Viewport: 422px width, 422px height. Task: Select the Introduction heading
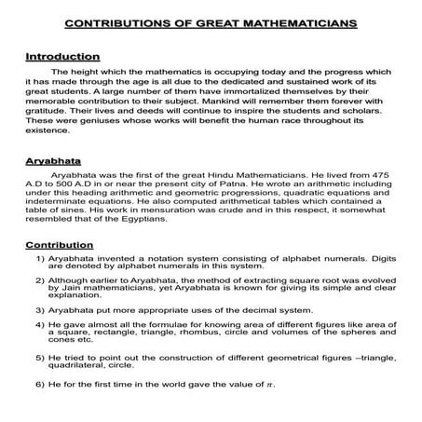[x=61, y=57]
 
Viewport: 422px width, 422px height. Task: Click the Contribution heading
[x=60, y=245]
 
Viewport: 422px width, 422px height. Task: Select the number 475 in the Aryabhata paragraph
[x=384, y=175]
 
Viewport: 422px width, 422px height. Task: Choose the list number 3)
[x=41, y=309]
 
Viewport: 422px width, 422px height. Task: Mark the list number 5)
[x=41, y=357]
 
